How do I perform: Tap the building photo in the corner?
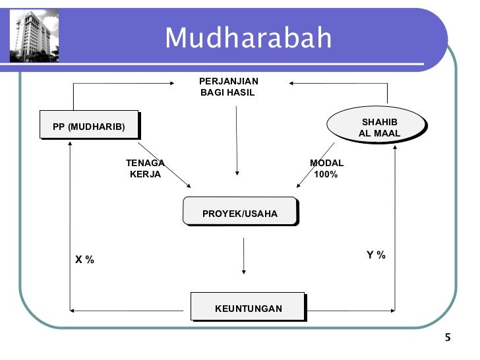click(x=34, y=36)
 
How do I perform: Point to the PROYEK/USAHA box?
click(x=239, y=214)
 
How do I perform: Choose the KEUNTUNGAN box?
click(x=248, y=308)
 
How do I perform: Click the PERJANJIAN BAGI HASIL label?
click(x=229, y=86)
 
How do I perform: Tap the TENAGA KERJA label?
click(x=145, y=169)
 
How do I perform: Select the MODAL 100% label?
click(x=326, y=169)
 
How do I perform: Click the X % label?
click(x=84, y=260)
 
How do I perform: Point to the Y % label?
click(x=376, y=255)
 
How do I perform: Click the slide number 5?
click(x=448, y=338)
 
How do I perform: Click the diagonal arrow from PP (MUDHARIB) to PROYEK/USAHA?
click(x=165, y=164)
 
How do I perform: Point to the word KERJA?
click(x=145, y=175)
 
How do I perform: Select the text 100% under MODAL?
click(x=326, y=175)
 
